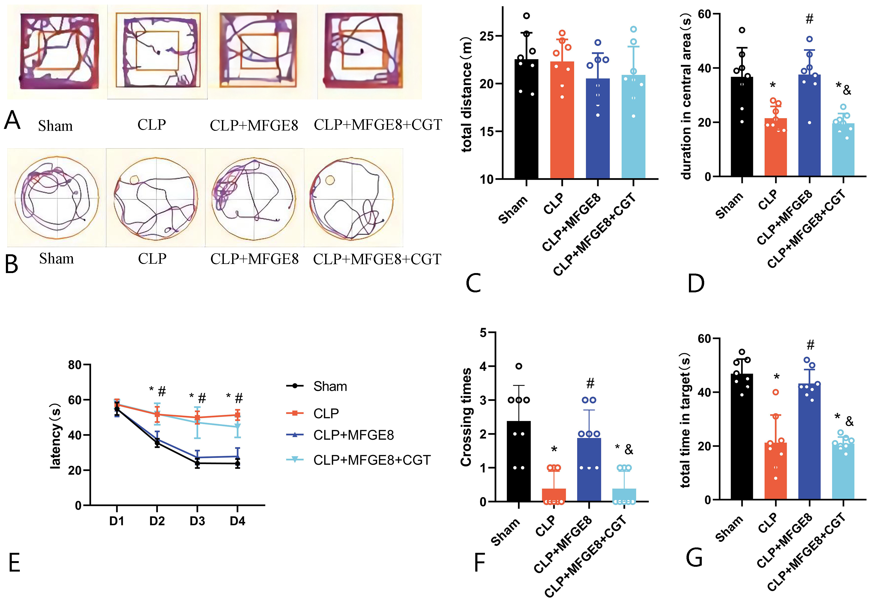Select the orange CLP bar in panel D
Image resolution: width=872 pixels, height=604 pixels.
[775, 148]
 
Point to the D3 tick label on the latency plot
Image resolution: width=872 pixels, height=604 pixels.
[197, 521]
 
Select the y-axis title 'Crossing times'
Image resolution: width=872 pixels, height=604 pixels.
[466, 416]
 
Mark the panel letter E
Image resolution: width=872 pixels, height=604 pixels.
[14, 563]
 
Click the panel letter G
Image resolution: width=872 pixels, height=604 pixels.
[694, 558]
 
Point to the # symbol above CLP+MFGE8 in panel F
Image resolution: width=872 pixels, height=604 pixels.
[590, 383]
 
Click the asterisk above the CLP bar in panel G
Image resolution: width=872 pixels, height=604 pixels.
[776, 377]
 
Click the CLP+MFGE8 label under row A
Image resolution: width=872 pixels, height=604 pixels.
[254, 125]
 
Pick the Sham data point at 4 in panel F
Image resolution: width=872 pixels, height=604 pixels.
[519, 366]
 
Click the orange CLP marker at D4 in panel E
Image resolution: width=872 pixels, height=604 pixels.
[237, 415]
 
